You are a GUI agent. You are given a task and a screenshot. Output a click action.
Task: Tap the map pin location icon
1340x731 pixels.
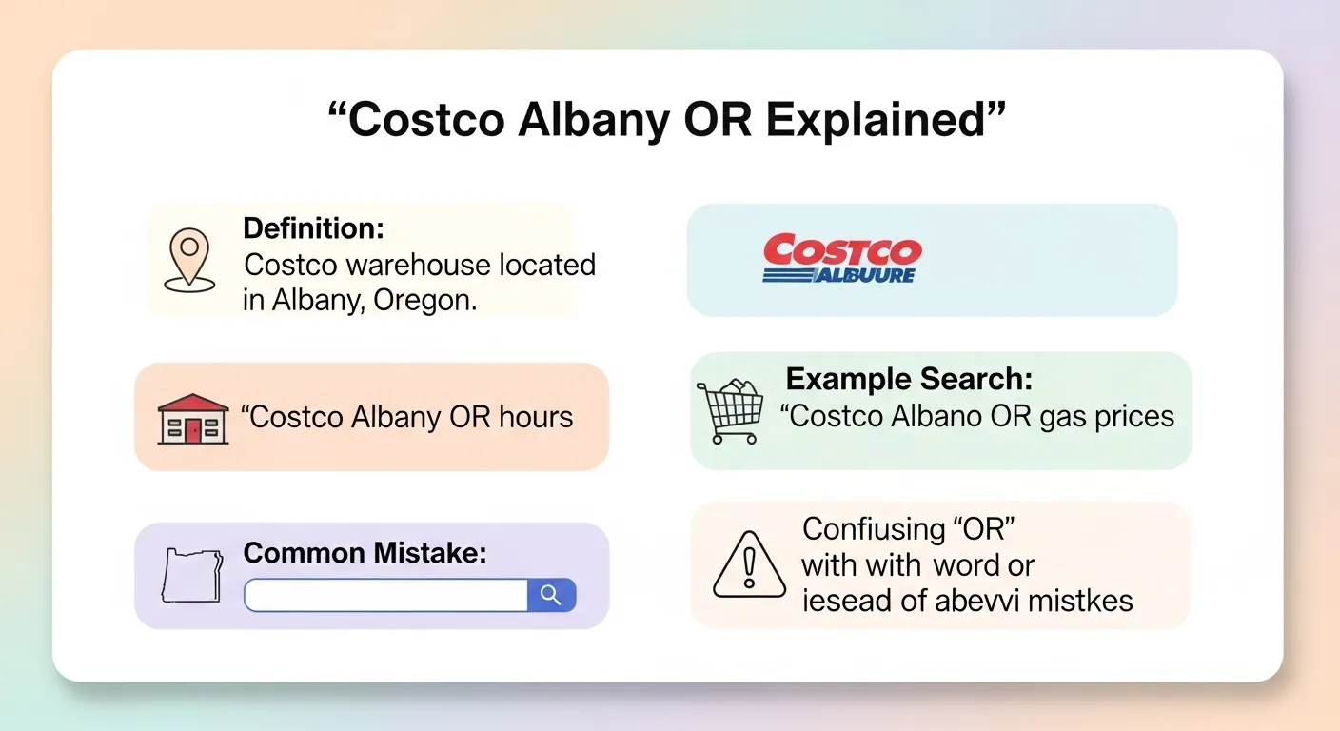point(188,256)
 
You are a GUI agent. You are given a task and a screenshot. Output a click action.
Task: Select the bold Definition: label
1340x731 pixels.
point(313,228)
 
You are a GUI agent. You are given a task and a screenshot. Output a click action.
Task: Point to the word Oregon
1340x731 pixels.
point(424,300)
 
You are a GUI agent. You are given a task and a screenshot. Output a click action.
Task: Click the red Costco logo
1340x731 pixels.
point(842,251)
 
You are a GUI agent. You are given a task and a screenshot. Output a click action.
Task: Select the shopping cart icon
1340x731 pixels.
point(731,410)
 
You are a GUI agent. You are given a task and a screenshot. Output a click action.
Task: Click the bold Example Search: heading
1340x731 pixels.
point(909,380)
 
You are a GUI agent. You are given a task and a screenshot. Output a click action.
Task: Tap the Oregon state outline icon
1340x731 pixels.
point(193,574)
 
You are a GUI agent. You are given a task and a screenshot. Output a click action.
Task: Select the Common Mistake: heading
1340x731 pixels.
point(365,553)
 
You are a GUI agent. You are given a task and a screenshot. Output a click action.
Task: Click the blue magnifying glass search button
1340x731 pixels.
point(551,595)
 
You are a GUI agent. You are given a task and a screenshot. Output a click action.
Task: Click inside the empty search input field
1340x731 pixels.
point(385,595)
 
